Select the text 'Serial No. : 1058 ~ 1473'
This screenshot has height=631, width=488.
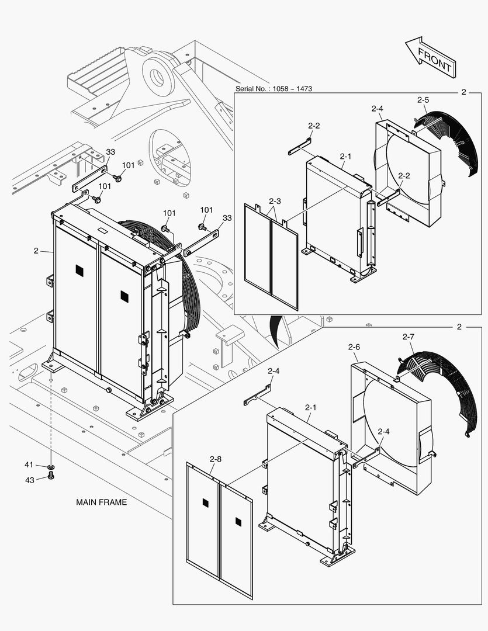click(x=274, y=89)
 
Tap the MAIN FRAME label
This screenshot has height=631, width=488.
click(x=101, y=502)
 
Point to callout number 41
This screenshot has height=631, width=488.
click(x=29, y=464)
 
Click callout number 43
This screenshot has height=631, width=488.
click(x=29, y=479)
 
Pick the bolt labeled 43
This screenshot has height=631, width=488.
click(x=50, y=477)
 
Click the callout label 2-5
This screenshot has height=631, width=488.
click(x=423, y=100)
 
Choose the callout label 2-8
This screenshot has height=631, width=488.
click(x=215, y=459)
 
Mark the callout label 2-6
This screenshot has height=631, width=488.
click(x=354, y=347)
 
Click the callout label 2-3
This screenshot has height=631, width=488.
click(x=275, y=201)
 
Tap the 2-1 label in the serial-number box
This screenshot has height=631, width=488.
click(x=345, y=156)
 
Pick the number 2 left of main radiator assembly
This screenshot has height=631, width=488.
click(x=36, y=251)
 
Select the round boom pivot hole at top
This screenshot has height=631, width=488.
click(x=156, y=75)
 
